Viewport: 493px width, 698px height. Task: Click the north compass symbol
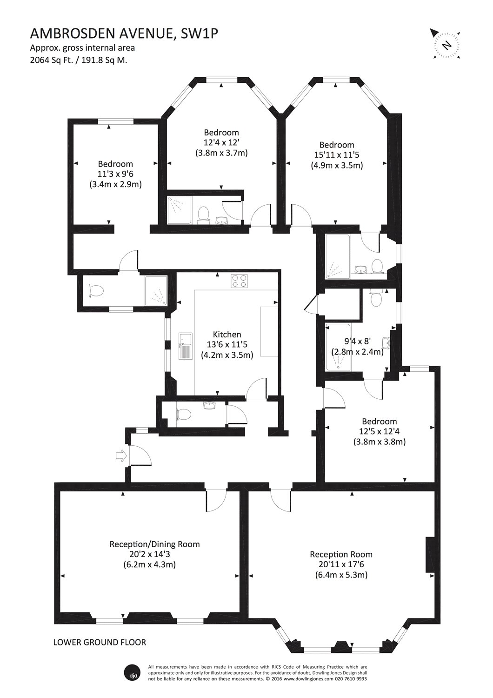click(x=446, y=45)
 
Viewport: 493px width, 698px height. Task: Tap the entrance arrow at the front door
click(x=120, y=456)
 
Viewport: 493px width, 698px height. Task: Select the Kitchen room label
click(x=227, y=334)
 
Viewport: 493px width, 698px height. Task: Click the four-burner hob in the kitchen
click(x=240, y=281)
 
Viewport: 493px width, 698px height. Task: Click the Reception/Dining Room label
click(x=154, y=544)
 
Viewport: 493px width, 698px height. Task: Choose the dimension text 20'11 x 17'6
click(x=341, y=564)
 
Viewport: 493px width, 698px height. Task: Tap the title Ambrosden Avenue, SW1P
click(x=124, y=33)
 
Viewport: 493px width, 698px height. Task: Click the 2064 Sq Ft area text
click(x=79, y=60)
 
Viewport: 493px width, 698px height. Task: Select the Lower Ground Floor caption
click(x=100, y=643)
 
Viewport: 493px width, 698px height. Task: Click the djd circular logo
click(x=131, y=672)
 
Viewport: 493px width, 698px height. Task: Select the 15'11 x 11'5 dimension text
click(x=337, y=155)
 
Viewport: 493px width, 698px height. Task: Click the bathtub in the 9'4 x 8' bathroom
click(x=333, y=347)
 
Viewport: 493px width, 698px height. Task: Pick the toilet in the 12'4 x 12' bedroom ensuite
click(x=203, y=215)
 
